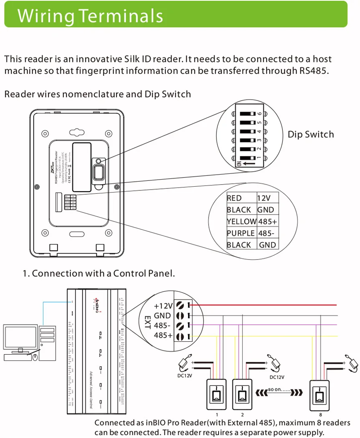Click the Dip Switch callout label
311,134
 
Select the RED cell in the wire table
234,198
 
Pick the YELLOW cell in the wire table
241,222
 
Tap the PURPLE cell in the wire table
241,233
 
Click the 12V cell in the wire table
264,198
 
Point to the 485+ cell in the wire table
267,222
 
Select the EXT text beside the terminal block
147,322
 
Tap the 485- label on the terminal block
163,325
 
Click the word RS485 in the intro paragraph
313,70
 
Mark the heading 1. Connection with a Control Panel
98,273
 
